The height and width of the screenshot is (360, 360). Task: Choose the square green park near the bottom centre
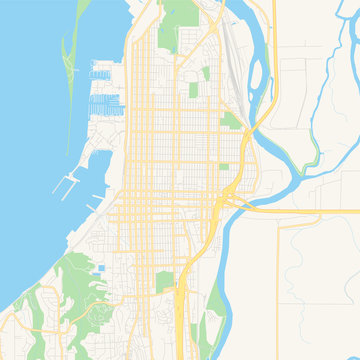pos(166,282)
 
